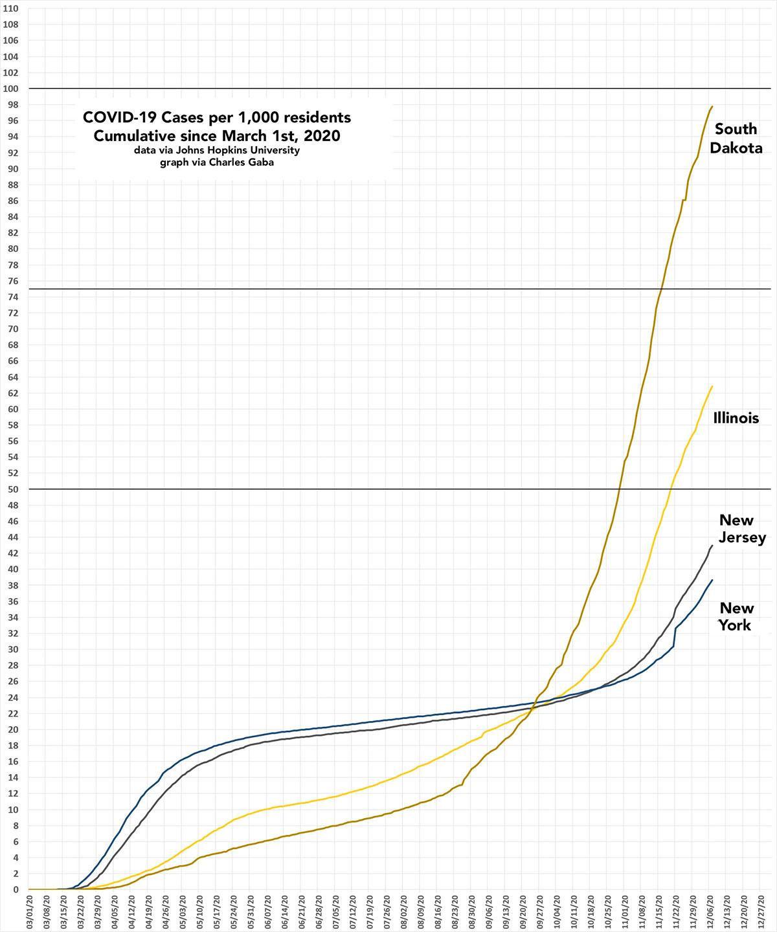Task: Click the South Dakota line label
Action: [x=736, y=139]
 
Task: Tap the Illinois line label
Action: [x=736, y=418]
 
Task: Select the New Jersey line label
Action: [x=742, y=529]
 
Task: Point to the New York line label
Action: [x=736, y=616]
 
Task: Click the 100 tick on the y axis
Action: [x=12, y=89]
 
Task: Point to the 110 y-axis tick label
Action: [x=12, y=9]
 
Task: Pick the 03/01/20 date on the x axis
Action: [x=30, y=913]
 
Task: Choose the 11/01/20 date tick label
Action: [x=625, y=913]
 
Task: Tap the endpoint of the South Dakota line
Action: [x=712, y=106]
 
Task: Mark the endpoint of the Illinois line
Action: [x=712, y=386]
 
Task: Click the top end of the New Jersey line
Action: [x=712, y=546]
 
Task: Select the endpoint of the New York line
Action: [x=712, y=580]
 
